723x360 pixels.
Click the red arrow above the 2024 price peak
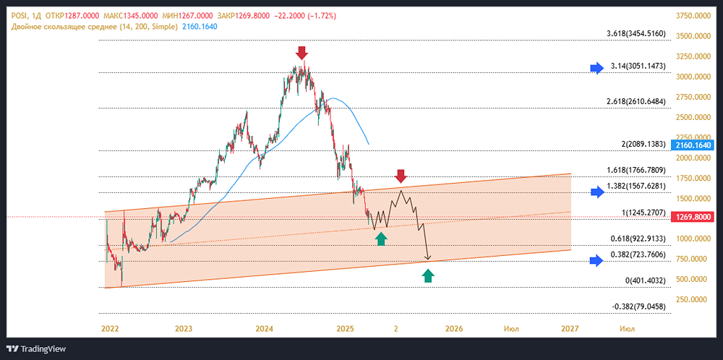coord(302,52)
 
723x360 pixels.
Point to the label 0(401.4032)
coord(646,280)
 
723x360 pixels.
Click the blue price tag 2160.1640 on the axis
coord(694,145)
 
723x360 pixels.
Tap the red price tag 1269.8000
coord(694,217)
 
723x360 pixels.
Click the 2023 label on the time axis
coord(184,328)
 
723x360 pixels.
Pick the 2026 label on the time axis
coord(453,328)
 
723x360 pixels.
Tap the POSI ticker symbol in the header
coord(20,14)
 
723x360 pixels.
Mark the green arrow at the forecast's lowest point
coord(428,275)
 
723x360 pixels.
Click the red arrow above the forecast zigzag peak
coord(401,175)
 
